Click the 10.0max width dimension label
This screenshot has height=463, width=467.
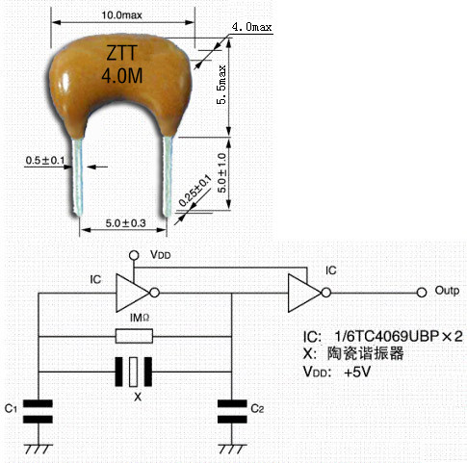coord(121,14)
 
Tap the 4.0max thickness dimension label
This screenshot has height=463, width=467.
coord(251,27)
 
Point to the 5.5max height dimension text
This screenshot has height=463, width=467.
coord(221,85)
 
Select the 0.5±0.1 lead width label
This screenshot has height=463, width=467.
coord(45,160)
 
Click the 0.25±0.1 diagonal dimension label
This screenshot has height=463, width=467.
coord(195,191)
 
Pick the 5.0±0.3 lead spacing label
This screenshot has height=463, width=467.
coord(126,223)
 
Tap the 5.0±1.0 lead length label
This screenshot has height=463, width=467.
coord(221,172)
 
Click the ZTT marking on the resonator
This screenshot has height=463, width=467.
coord(122,53)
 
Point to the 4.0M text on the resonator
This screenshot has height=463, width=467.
coord(122,76)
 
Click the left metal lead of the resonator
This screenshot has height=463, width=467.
coord(78,177)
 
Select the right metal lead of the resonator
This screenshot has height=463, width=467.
coord(168,176)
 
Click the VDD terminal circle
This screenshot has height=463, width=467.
coord(134,255)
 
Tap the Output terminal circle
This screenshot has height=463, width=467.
coord(422,293)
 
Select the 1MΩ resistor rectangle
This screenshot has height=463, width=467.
coord(134,336)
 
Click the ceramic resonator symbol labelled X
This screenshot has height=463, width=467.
coord(134,372)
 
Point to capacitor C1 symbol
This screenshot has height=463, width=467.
coord(39,411)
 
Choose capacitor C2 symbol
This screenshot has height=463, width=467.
coord(232,411)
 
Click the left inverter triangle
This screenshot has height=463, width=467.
coord(133,293)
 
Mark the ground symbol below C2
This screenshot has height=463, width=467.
coord(232,449)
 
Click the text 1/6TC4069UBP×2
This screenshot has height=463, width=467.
coord(399,336)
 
